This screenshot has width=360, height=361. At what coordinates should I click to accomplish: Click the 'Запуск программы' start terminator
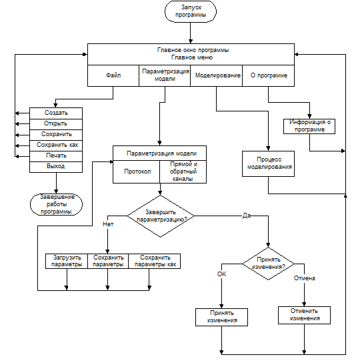191,11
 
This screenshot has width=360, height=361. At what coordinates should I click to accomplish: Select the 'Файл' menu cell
113,75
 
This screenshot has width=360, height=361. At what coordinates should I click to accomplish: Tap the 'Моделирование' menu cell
217,75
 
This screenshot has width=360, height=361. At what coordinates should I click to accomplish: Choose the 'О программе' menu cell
269,75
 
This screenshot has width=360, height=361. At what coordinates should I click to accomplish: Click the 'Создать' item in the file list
56,113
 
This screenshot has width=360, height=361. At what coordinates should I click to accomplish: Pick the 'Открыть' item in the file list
56,124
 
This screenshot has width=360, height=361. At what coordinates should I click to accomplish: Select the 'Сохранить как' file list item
56,145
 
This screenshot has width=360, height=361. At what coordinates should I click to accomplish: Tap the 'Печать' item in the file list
56,157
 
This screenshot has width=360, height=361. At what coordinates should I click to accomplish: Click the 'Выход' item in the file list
56,167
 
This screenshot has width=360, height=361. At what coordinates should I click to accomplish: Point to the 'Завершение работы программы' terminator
56,204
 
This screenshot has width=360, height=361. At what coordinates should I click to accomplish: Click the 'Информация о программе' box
309,126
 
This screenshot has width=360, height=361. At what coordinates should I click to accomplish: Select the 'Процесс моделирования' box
268,163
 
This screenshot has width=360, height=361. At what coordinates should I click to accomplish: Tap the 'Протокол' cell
136,171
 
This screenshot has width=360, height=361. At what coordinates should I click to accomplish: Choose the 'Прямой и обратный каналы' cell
183,171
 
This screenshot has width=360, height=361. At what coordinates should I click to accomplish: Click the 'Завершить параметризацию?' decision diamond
161,216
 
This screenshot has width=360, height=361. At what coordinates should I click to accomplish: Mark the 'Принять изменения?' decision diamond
268,264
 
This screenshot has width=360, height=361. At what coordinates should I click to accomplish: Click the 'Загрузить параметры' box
67,261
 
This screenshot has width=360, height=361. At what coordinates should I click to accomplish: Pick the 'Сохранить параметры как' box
155,261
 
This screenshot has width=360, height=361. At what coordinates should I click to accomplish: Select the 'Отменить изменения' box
304,315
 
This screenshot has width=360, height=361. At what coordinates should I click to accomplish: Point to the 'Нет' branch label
108,224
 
